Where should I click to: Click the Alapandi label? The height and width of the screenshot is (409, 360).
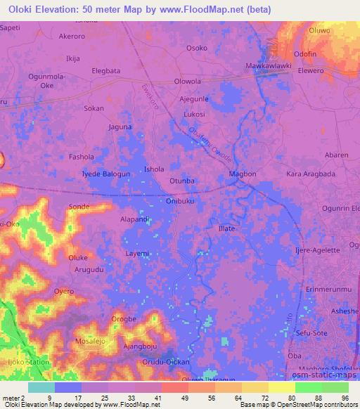click(x=134, y=219)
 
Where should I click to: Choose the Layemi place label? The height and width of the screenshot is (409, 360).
click(x=137, y=253)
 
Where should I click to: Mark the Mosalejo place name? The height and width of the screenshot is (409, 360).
click(x=93, y=341)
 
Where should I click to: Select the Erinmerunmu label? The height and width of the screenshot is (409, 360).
click(x=328, y=290)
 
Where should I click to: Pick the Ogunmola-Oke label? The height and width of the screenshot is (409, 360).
click(x=46, y=80)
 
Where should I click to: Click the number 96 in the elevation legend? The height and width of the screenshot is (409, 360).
click(x=345, y=397)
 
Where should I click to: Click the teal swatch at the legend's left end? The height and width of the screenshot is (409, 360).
click(x=41, y=387)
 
